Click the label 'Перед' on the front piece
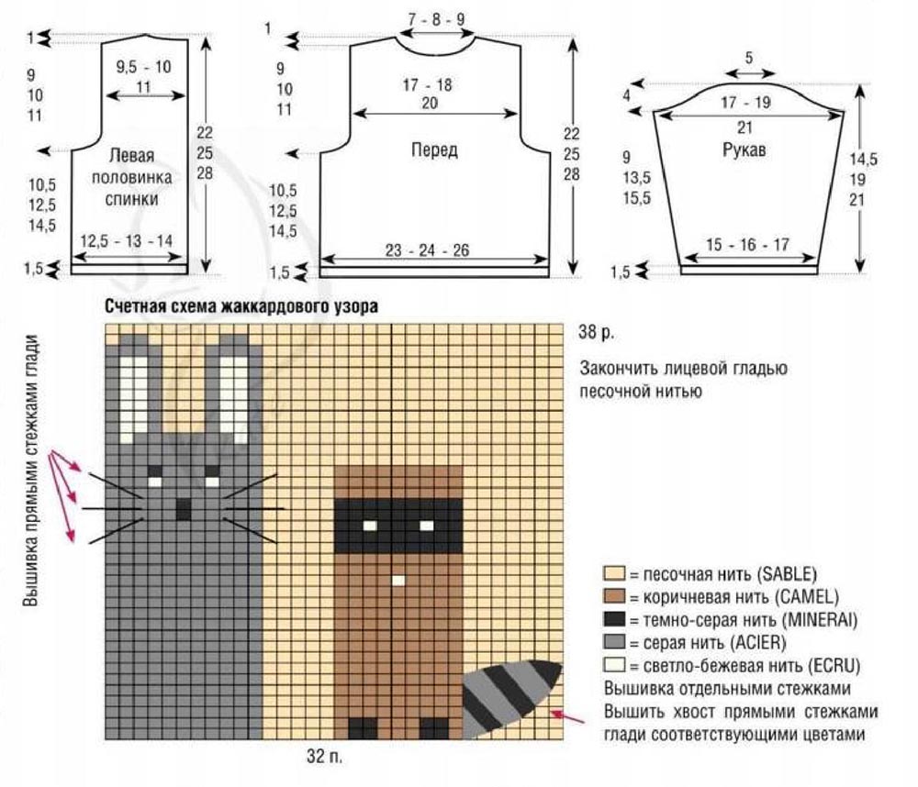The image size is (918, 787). (434, 150)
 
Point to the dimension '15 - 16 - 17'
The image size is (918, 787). (748, 245)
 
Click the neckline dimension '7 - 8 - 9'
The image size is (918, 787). (437, 18)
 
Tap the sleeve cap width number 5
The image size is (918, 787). (749, 58)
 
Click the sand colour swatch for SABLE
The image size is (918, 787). (613, 575)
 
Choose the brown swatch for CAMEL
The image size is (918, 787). (613, 598)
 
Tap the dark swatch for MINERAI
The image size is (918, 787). (613, 620)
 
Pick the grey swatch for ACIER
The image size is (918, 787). (613, 642)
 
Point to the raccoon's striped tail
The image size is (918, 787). (509, 697)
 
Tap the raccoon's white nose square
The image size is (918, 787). (398, 581)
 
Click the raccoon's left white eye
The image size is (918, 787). (369, 526)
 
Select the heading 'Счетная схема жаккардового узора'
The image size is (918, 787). (241, 308)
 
